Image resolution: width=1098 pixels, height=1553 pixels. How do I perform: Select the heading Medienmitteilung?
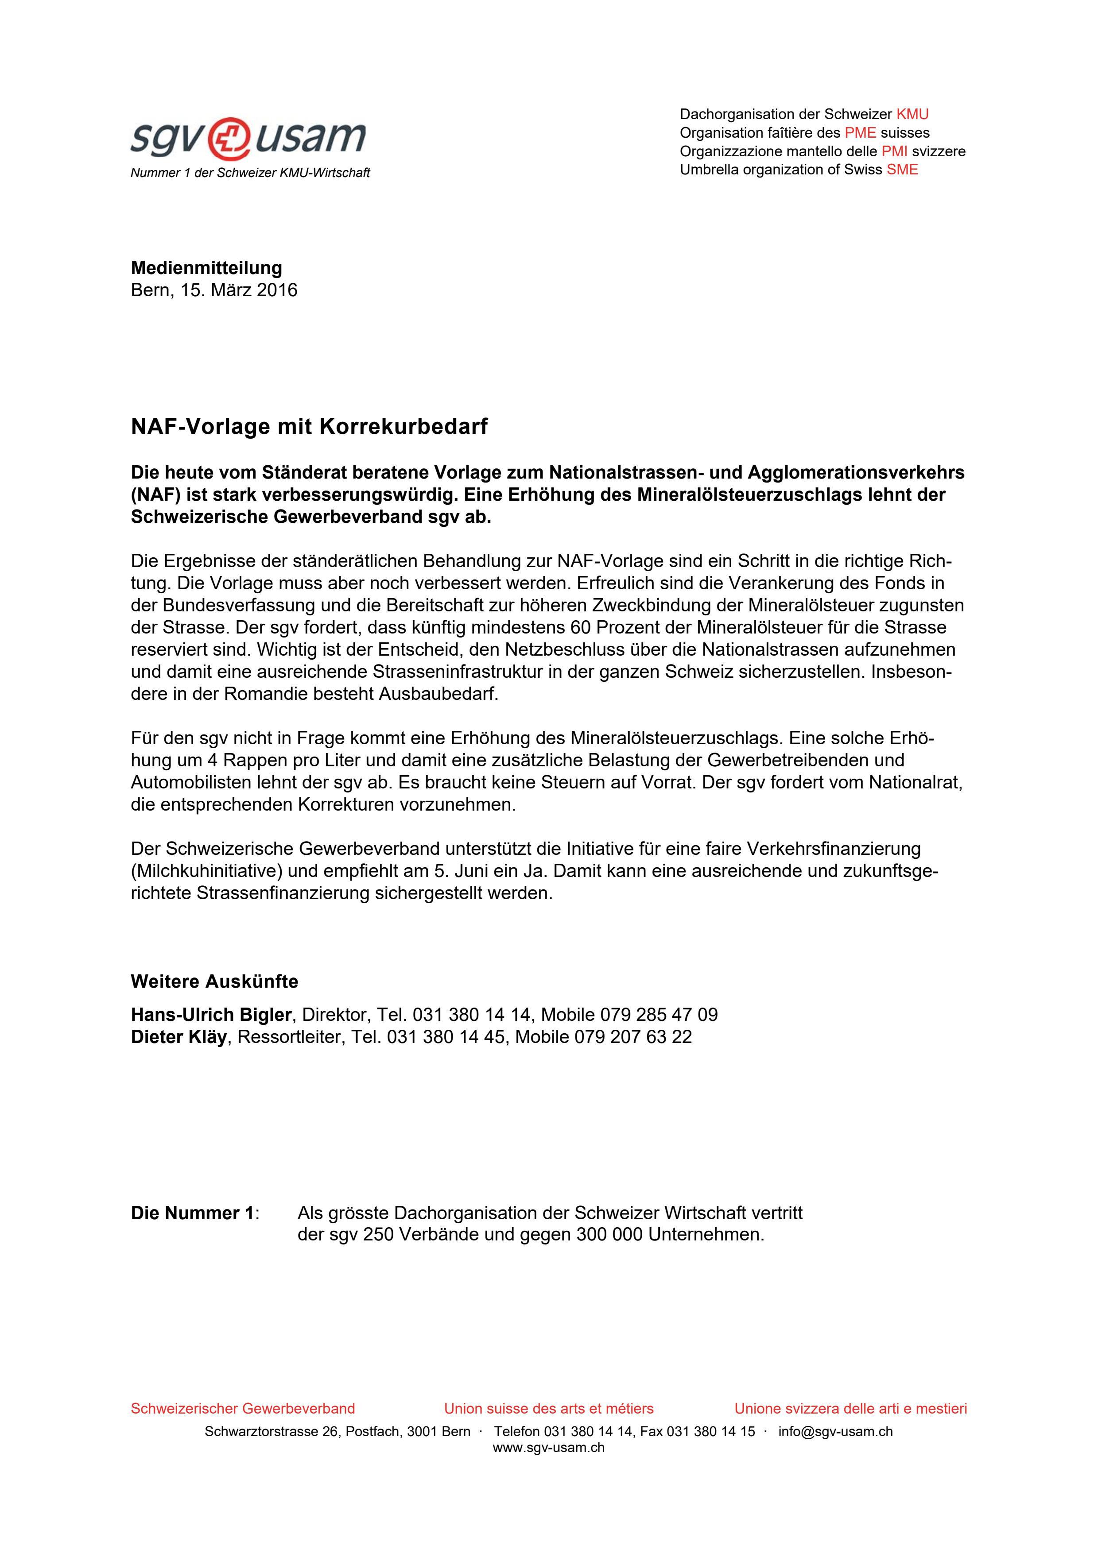206,268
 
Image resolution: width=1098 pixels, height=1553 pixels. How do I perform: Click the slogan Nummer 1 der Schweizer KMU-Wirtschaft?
250,173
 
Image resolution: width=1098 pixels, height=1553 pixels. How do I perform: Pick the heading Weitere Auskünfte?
214,981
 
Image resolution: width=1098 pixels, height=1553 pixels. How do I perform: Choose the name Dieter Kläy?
178,1037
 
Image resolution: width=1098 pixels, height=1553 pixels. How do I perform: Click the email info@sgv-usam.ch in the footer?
835,1432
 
